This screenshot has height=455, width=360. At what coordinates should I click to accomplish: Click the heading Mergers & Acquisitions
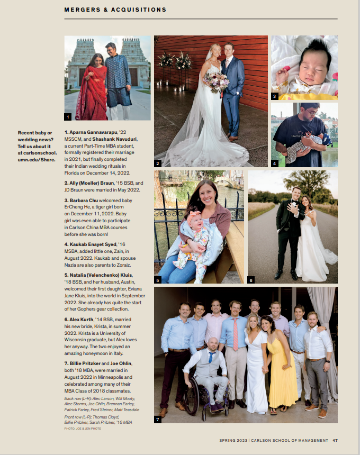click(115, 10)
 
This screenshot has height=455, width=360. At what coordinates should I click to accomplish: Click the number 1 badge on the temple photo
click(68, 116)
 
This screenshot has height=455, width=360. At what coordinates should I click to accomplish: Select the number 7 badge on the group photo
click(158, 420)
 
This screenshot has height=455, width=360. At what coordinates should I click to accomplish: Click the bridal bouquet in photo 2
click(217, 81)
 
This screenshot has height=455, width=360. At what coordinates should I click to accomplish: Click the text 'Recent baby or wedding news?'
click(35, 136)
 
